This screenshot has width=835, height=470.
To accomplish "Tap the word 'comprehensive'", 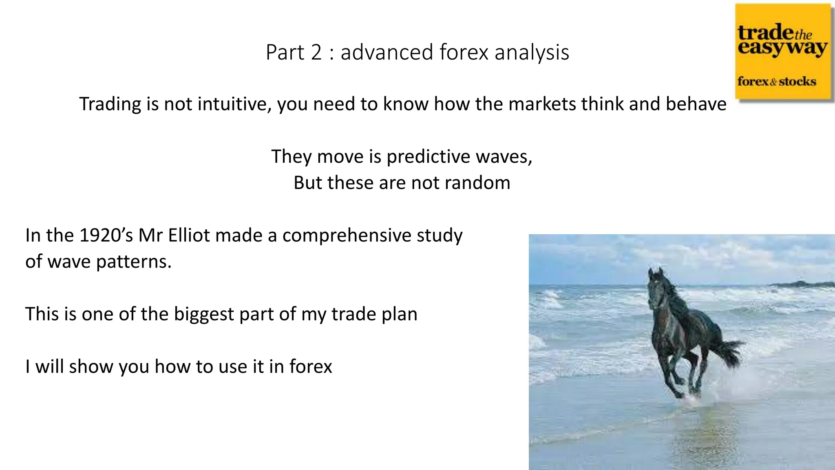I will (347, 236).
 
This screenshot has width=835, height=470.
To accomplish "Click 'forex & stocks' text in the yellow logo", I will (777, 81).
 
